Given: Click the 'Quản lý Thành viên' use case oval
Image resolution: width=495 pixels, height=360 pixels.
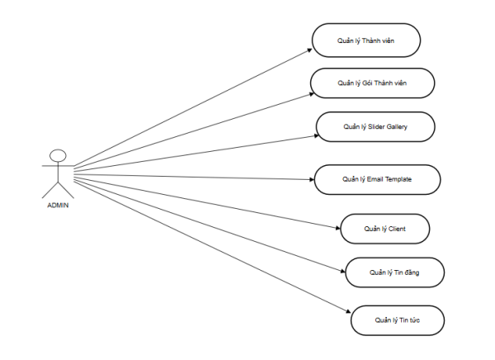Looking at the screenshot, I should (366, 40).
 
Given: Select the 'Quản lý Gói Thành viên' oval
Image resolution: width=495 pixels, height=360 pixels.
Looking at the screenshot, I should (372, 83).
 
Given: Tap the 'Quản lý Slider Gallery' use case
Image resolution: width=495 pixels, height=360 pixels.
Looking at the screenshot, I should (375, 128).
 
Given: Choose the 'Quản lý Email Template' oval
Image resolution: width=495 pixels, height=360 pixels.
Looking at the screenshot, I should (376, 178).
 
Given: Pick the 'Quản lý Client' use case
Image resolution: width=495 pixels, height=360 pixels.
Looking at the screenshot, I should (384, 228).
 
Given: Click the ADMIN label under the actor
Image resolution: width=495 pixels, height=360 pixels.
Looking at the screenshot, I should (58, 206).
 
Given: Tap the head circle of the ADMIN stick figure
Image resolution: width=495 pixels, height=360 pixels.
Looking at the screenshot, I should (58, 154).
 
